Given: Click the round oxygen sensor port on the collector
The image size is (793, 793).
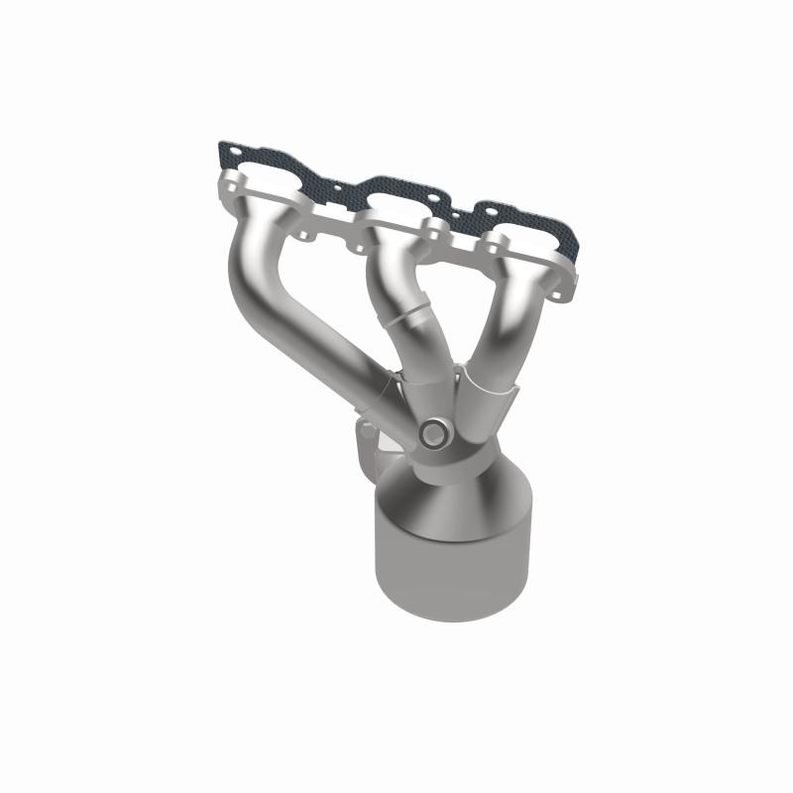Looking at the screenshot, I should [x=432, y=433].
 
